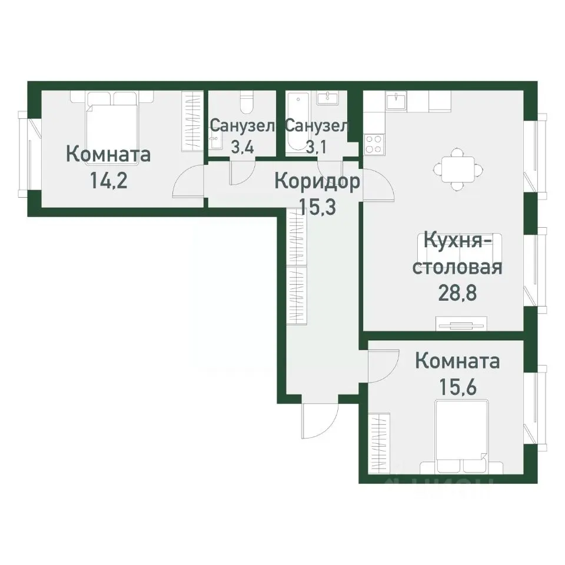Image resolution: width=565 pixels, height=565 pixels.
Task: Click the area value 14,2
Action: click(108, 179)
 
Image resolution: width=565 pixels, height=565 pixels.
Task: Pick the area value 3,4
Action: click(242, 147)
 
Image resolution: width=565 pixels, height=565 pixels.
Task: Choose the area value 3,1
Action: click(317, 147)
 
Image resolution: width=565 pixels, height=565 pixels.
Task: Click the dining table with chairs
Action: click(457, 168)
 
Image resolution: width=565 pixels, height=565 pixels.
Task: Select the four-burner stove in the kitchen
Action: click(374, 144)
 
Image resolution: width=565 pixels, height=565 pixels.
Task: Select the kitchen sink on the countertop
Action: click(397, 101)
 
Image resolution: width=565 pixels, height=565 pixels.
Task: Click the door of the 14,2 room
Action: click(190, 182)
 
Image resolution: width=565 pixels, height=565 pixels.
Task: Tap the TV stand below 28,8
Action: click(461, 323)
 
